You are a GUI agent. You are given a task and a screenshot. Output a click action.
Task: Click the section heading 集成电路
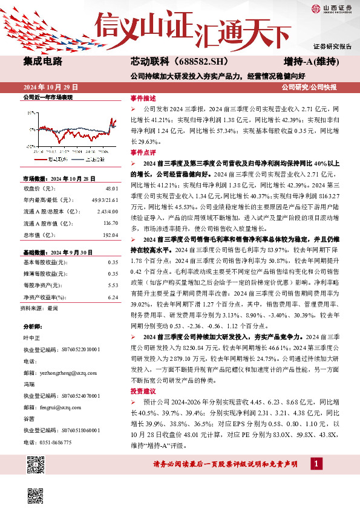(x=42, y=62)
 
